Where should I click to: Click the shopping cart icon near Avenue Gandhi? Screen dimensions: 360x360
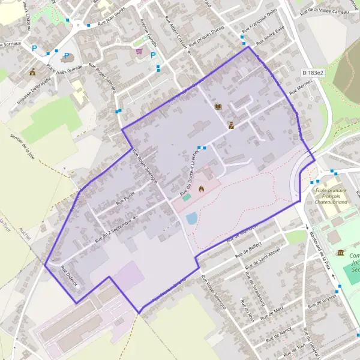pyautogui.click(x=140, y=52)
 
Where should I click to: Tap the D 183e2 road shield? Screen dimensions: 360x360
pyautogui.click(x=313, y=73)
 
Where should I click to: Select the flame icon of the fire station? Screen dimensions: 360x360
pyautogui.click(x=201, y=189)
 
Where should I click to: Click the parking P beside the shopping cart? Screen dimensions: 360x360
pyautogui.click(x=154, y=55)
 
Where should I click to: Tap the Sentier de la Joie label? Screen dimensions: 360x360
pyautogui.click(x=22, y=147)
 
